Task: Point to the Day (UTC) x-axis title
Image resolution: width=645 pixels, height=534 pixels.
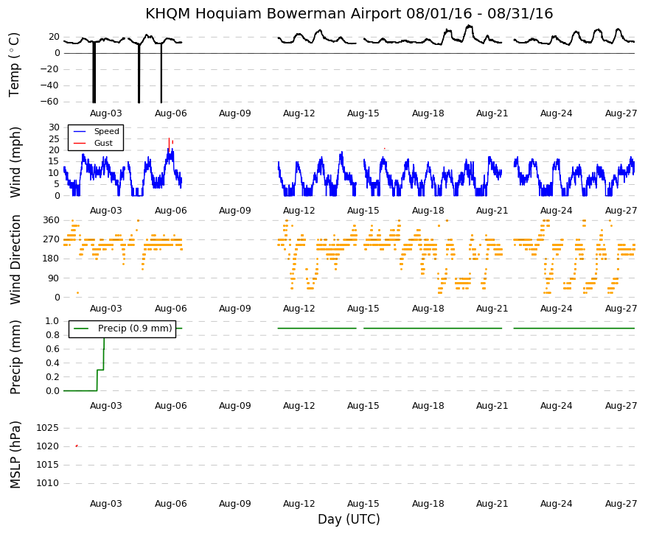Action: click(349, 519)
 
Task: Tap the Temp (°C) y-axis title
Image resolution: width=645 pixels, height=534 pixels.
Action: click(15, 65)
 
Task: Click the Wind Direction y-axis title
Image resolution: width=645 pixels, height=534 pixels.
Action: click(15, 260)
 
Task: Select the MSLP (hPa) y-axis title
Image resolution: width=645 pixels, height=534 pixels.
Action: click(15, 455)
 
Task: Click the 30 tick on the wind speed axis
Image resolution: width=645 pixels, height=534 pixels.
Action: click(54, 127)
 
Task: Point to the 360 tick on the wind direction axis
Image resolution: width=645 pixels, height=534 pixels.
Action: click(52, 220)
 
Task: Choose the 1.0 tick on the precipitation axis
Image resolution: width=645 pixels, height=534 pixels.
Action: click(52, 320)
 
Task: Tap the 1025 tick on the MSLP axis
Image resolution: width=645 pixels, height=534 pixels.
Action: click(48, 428)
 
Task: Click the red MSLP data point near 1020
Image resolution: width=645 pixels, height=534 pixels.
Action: click(77, 446)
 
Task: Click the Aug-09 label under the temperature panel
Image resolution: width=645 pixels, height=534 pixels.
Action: click(235, 113)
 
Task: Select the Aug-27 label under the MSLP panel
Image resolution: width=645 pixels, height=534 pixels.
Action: click(621, 504)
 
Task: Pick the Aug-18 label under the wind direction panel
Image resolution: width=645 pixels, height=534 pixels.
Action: click(428, 309)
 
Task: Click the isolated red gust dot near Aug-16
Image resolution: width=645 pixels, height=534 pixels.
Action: click(385, 148)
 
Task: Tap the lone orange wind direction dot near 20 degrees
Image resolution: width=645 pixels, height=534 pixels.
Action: click(77, 292)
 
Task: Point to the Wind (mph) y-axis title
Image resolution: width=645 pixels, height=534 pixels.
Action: click(15, 162)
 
